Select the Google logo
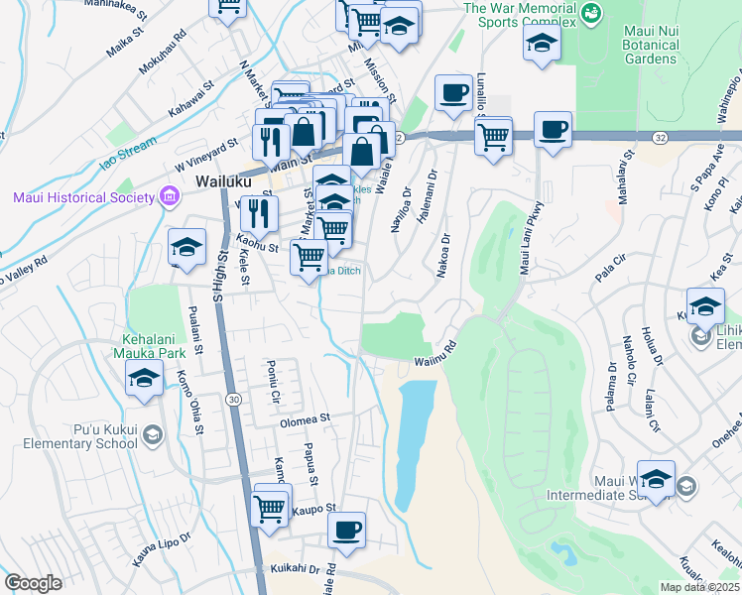[33, 582]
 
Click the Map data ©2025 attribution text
[699, 587]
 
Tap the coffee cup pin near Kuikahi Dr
[346, 531]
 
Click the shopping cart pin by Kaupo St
[272, 508]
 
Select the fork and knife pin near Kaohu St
[259, 211]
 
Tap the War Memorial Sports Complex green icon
[592, 13]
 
